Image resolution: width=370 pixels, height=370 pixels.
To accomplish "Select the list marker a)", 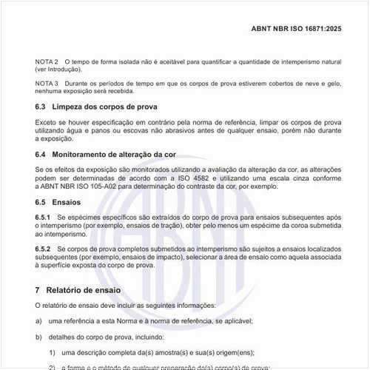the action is click(38, 320).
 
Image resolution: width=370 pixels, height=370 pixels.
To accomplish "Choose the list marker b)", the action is click(38, 337).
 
